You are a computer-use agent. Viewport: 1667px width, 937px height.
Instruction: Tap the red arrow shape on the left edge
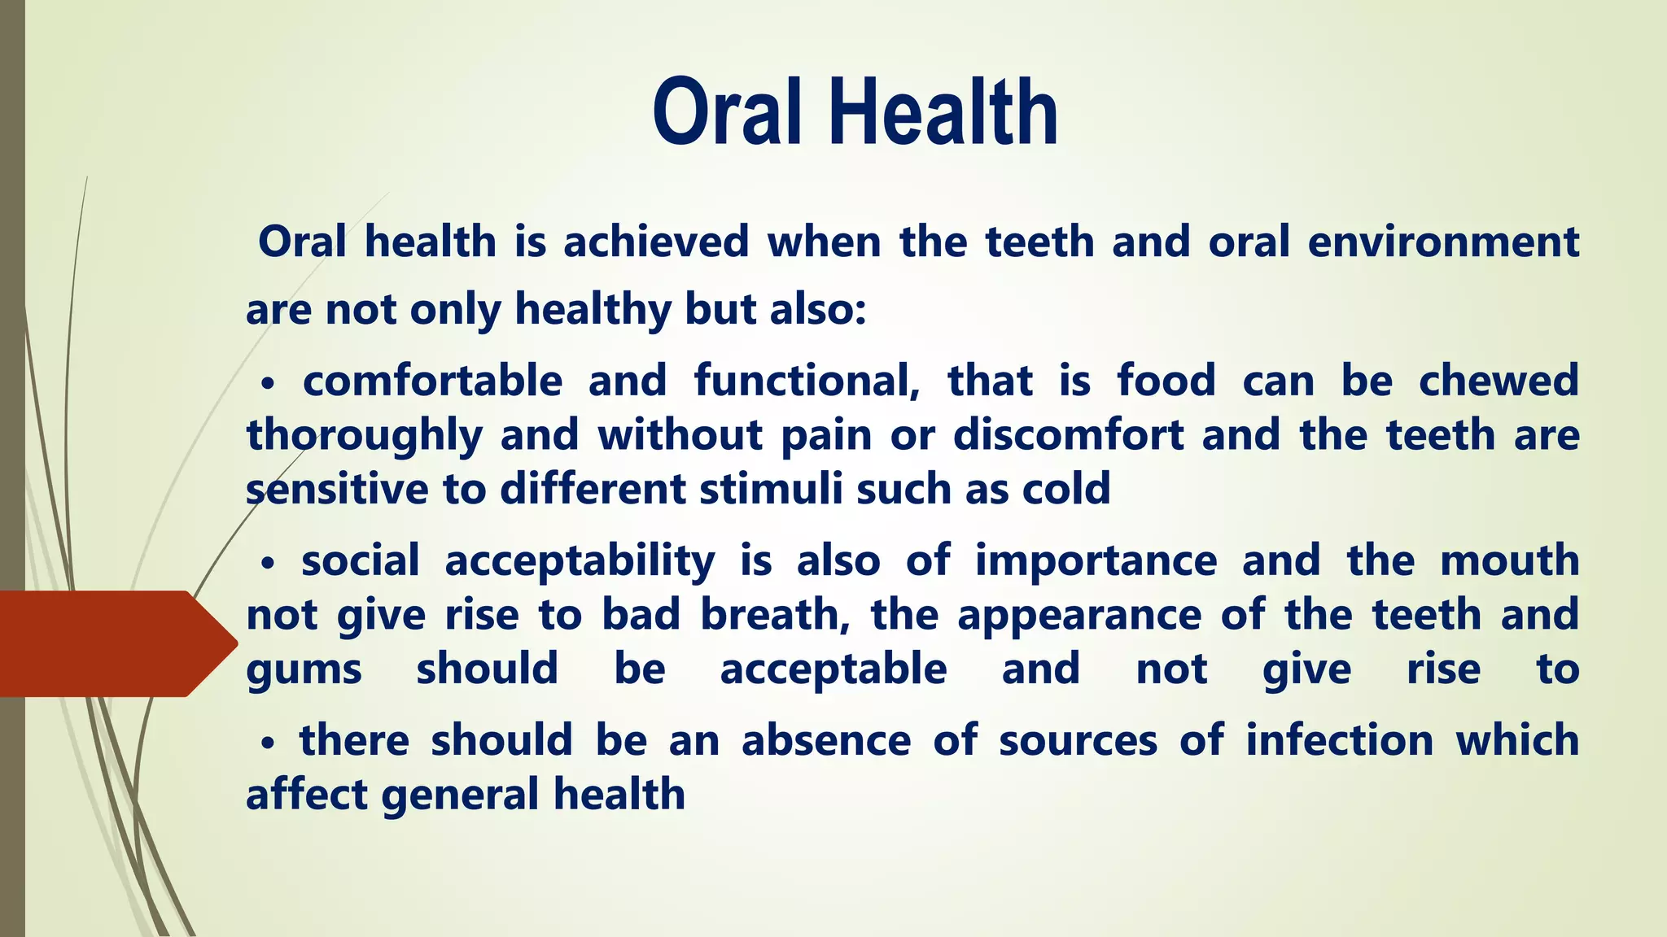pyautogui.click(x=114, y=643)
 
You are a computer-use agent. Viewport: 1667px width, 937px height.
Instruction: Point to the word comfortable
pyautogui.click(x=432, y=381)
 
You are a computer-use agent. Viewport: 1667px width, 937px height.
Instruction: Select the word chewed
pyautogui.click(x=1499, y=381)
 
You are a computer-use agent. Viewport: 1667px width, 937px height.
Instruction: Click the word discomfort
pyautogui.click(x=1068, y=435)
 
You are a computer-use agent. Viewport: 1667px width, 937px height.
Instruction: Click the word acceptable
pyautogui.click(x=833, y=669)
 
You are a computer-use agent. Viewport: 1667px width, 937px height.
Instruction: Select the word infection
pyautogui.click(x=1339, y=741)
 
